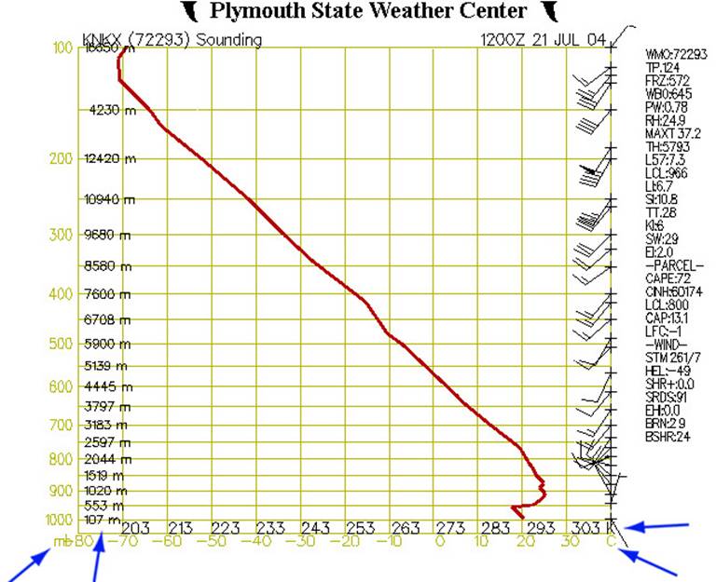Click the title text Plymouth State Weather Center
(367, 11)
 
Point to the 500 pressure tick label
(61, 344)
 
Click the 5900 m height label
(105, 344)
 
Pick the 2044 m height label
(105, 459)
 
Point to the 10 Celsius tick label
(482, 542)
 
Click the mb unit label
(62, 542)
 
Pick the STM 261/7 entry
(669, 357)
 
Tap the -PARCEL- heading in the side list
(669, 264)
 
